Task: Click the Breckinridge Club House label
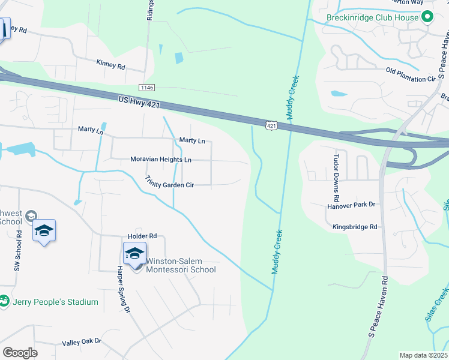click(x=372, y=17)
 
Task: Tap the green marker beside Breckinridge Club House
click(x=427, y=17)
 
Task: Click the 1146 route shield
click(x=147, y=88)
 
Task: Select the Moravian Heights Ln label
click(x=161, y=160)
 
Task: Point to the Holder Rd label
click(x=142, y=236)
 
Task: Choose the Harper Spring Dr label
click(x=123, y=289)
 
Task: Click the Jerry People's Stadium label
click(x=55, y=302)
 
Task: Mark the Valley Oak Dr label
click(x=82, y=342)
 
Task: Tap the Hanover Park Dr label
click(x=351, y=205)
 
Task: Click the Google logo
click(x=20, y=353)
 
